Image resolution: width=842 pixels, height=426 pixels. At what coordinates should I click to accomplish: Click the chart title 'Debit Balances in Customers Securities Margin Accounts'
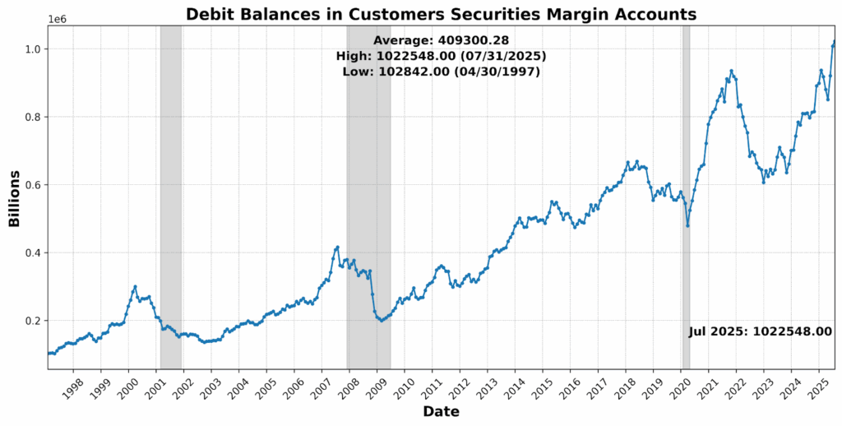tap(441, 14)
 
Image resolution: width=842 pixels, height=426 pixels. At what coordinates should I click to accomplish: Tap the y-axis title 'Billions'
tap(14, 198)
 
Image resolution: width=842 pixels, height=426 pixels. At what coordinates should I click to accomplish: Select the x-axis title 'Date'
tap(441, 411)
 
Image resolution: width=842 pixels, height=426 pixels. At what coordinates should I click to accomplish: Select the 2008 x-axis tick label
tap(350, 387)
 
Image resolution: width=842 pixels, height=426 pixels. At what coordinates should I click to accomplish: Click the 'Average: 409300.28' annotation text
tap(441, 40)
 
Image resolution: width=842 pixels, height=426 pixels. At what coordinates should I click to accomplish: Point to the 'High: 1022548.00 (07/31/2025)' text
tap(441, 56)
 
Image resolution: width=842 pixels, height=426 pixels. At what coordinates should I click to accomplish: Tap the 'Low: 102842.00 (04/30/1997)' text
tap(441, 72)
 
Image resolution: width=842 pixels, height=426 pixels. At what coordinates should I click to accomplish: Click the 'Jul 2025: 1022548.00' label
tap(760, 331)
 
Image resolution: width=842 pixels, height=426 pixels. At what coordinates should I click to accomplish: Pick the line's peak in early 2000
tap(135, 286)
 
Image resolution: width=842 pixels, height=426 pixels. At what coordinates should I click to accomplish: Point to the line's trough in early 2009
tap(381, 320)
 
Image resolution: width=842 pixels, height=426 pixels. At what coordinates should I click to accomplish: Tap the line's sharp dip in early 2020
tap(687, 225)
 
